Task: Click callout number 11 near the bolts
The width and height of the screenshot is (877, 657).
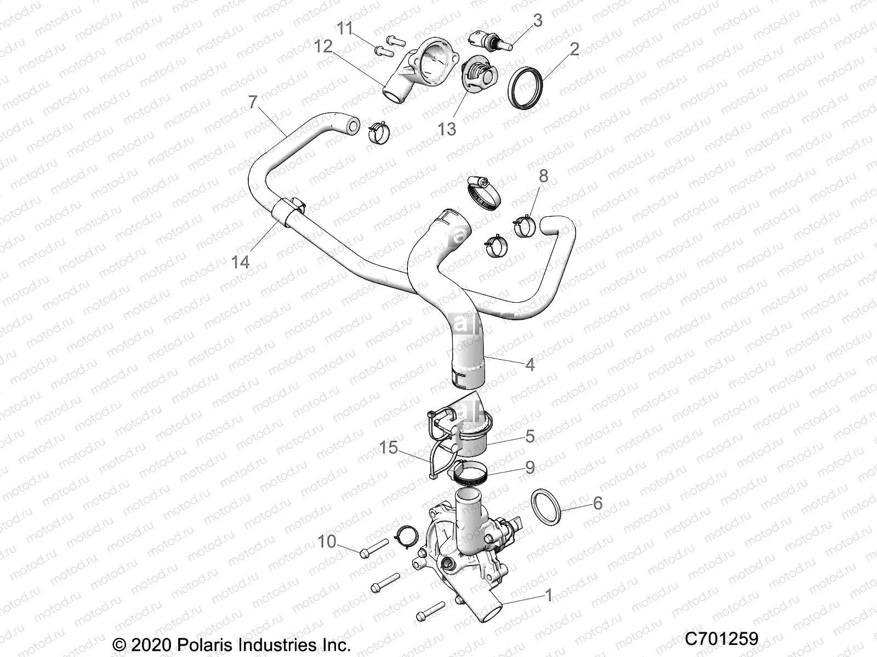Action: [x=345, y=28]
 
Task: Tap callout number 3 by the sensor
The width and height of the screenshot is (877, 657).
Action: [x=538, y=20]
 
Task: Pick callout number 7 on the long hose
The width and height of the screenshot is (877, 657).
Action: [x=253, y=102]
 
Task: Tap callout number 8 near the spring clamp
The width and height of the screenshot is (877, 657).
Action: [x=543, y=176]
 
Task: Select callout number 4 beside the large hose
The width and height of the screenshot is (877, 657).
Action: [x=529, y=364]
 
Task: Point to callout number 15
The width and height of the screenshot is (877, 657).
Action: [x=388, y=447]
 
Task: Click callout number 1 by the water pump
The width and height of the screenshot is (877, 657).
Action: [x=548, y=595]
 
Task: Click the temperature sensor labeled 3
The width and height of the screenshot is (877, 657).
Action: [x=487, y=38]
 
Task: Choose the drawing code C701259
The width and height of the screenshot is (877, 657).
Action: [x=721, y=638]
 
